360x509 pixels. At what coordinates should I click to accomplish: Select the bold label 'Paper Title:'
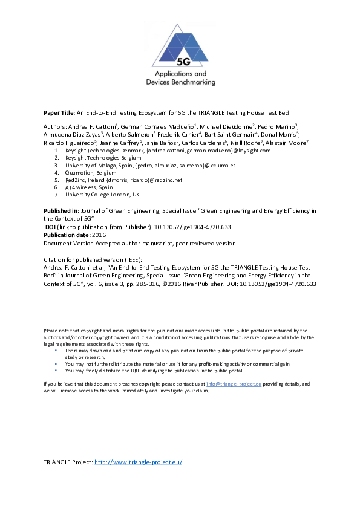pos(59,112)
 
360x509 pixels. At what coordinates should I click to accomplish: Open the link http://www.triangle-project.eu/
pos(139,462)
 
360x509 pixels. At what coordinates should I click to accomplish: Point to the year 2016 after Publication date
pos(100,235)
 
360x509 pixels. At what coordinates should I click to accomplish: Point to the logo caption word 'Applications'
pos(180,73)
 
